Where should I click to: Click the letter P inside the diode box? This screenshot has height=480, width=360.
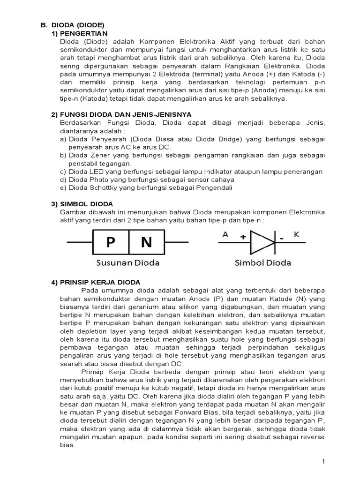(x=111, y=242)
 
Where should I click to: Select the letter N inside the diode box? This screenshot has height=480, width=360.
(x=146, y=242)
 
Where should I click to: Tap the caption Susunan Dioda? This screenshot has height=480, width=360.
(x=127, y=262)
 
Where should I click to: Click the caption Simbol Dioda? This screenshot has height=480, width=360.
(x=262, y=262)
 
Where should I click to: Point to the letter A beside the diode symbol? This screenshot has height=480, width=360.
(x=225, y=234)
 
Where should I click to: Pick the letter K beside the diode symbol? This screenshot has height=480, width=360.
(x=296, y=234)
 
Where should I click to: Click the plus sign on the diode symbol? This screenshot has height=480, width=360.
(x=243, y=238)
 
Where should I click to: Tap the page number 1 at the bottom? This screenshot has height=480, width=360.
(x=323, y=462)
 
